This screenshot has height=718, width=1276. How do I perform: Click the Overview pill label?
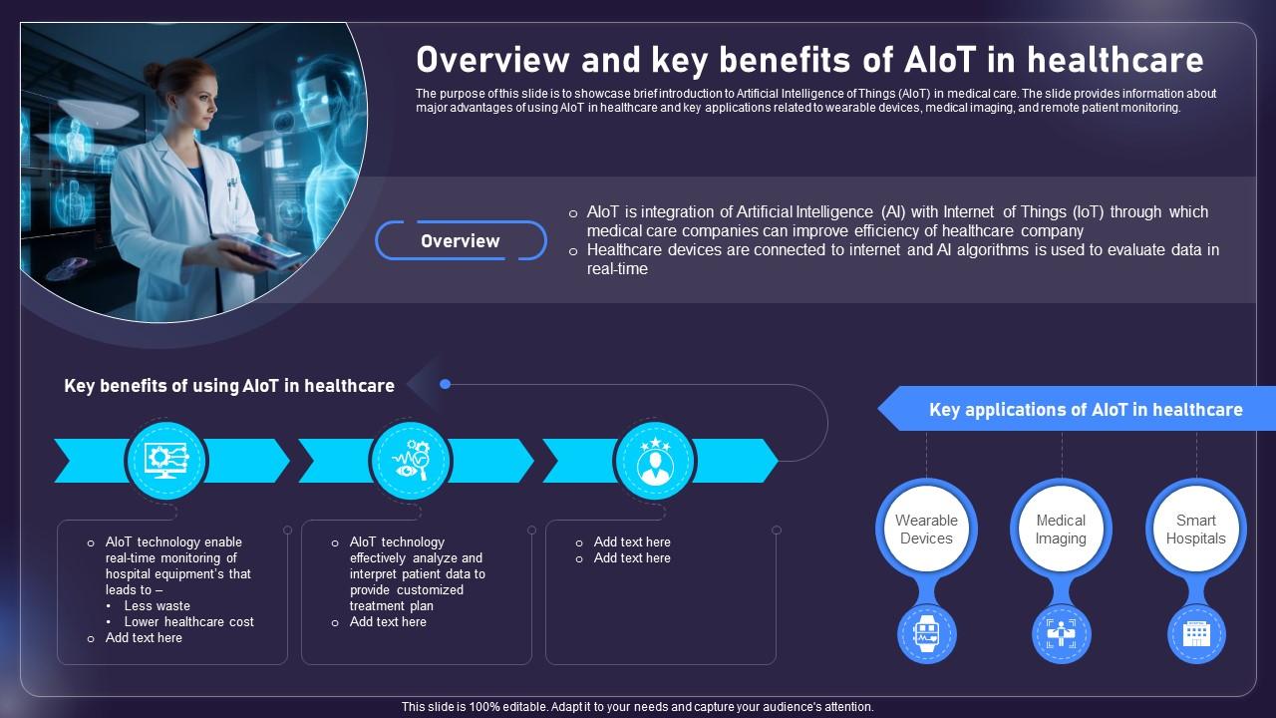[461, 241]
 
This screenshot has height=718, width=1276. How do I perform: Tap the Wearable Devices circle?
[926, 529]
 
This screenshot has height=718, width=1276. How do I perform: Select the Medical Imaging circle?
[1061, 529]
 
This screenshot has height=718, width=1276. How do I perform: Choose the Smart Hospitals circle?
[1195, 529]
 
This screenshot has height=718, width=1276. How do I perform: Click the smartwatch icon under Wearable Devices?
[926, 633]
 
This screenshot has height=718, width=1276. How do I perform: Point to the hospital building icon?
[1196, 633]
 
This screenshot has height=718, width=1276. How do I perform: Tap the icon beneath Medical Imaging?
[1061, 633]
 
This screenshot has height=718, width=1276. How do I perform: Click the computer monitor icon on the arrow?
[165, 461]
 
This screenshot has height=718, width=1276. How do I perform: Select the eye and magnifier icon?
[410, 461]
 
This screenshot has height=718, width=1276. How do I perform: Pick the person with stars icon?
[655, 461]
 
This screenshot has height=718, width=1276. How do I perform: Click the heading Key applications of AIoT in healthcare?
[1086, 410]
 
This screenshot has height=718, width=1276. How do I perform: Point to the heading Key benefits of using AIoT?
[229, 386]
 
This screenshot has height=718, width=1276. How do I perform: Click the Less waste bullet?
[157, 606]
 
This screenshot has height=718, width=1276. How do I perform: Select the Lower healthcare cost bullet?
[188, 622]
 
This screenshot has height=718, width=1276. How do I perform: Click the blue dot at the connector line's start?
[446, 384]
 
